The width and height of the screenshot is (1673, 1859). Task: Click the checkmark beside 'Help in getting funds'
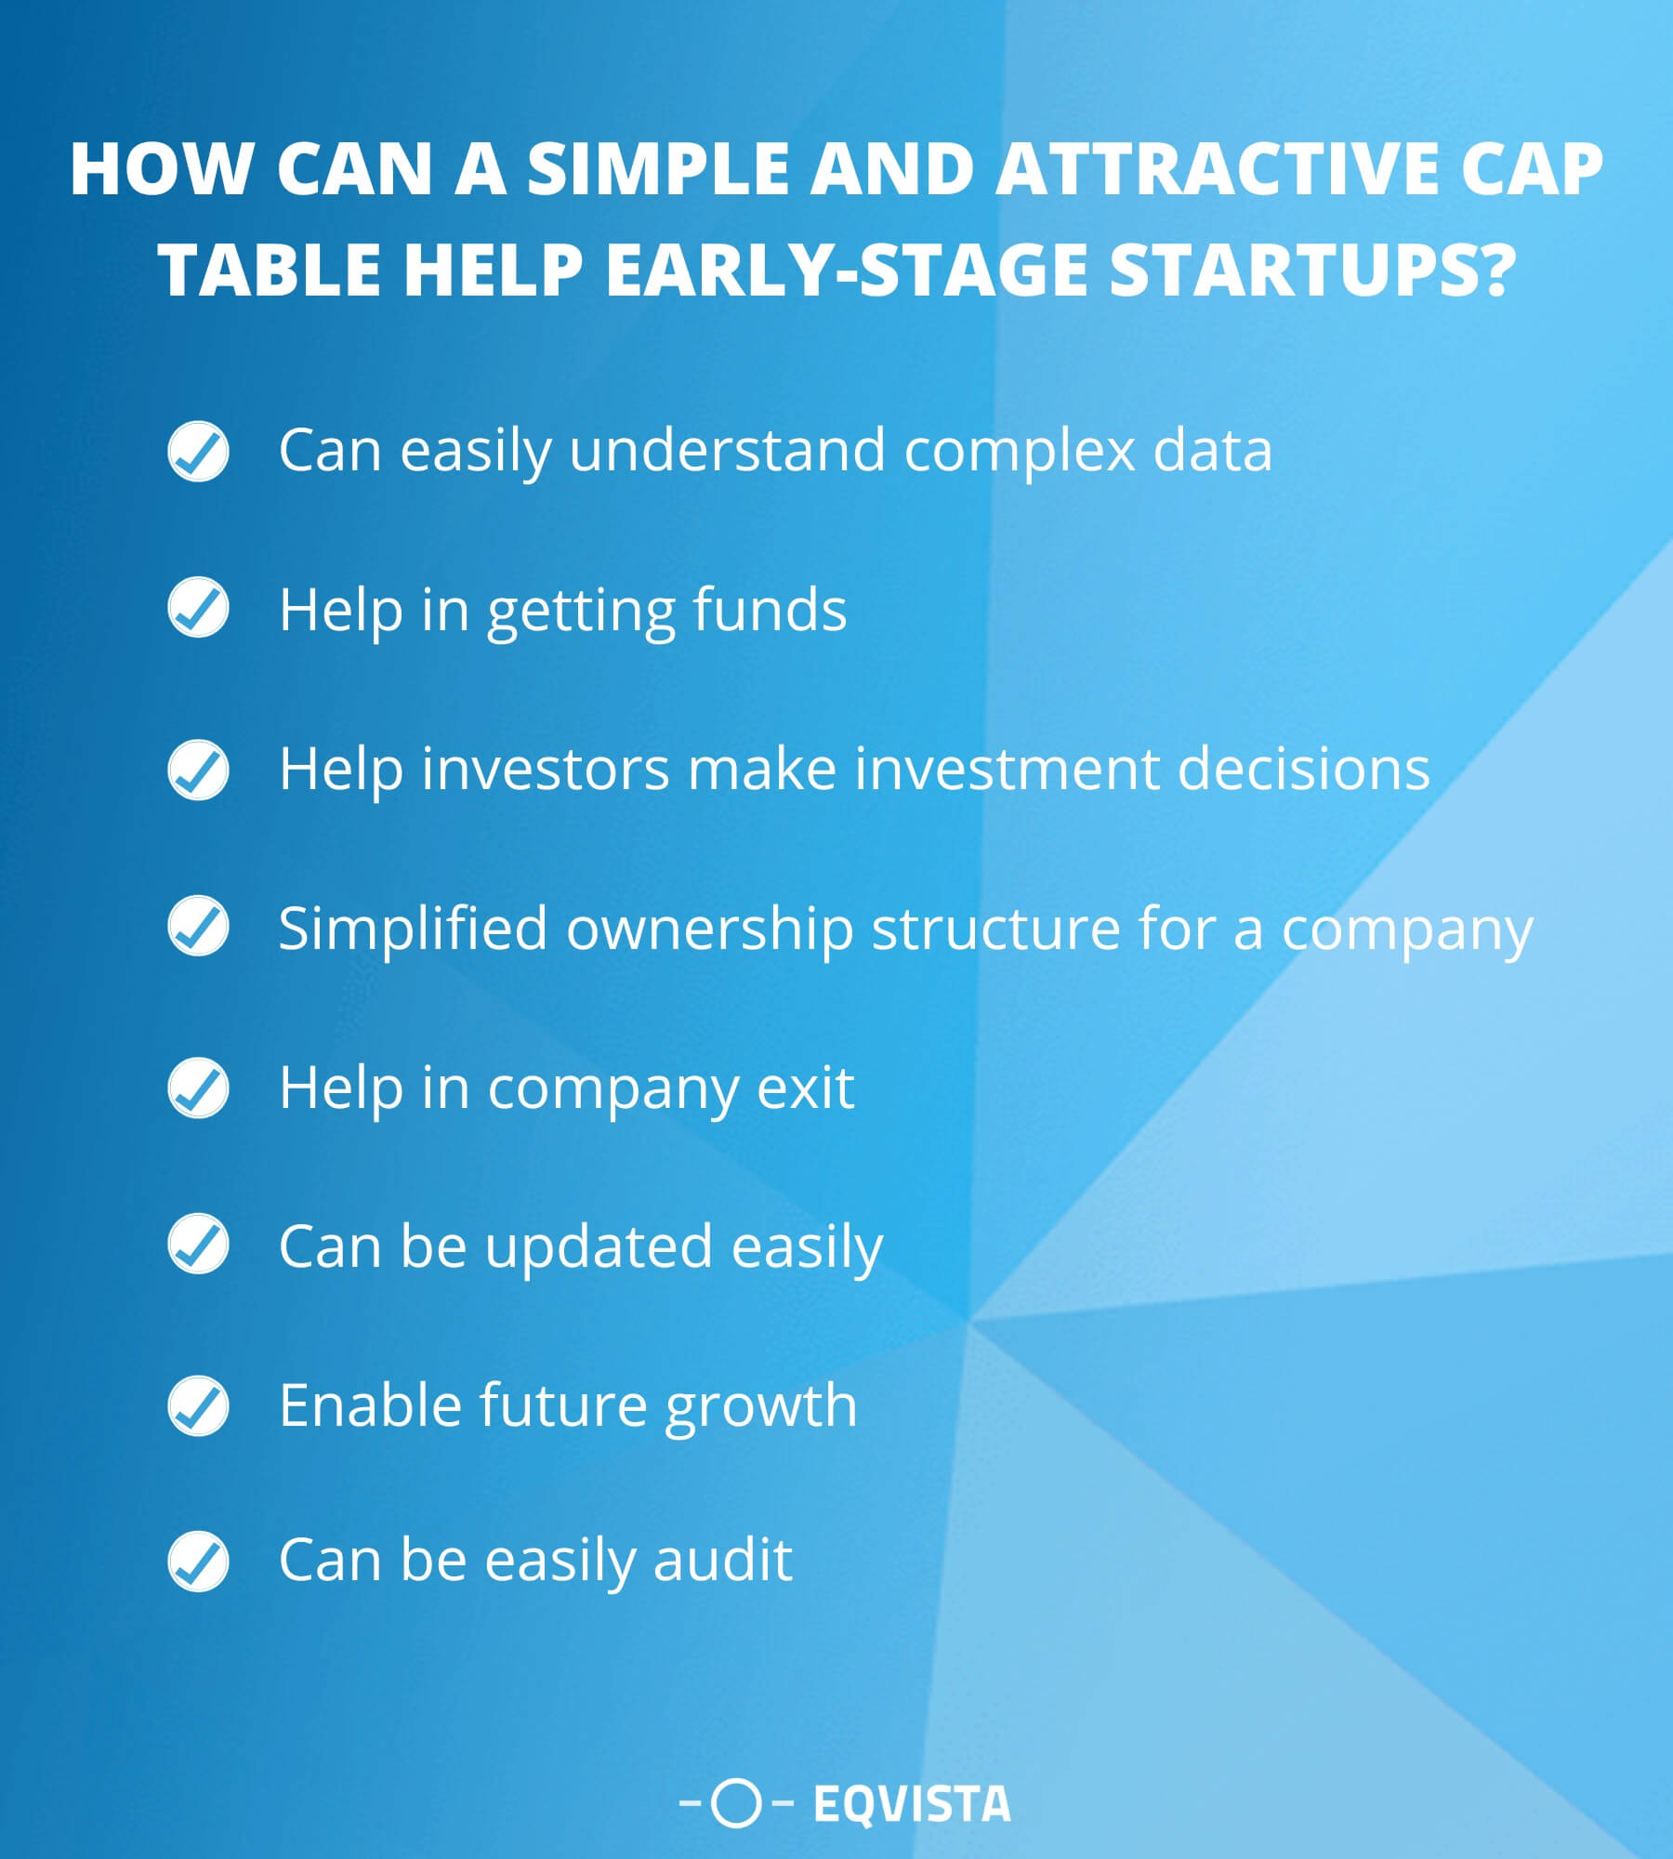click(198, 608)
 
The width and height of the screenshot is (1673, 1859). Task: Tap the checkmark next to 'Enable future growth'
click(198, 1405)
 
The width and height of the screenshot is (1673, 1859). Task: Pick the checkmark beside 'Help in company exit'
click(198, 1087)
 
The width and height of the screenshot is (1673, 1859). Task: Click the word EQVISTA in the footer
click(911, 1805)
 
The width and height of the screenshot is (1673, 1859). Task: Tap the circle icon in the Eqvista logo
click(736, 1804)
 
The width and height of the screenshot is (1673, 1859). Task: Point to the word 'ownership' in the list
click(709, 929)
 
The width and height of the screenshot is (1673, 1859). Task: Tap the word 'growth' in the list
click(760, 1406)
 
